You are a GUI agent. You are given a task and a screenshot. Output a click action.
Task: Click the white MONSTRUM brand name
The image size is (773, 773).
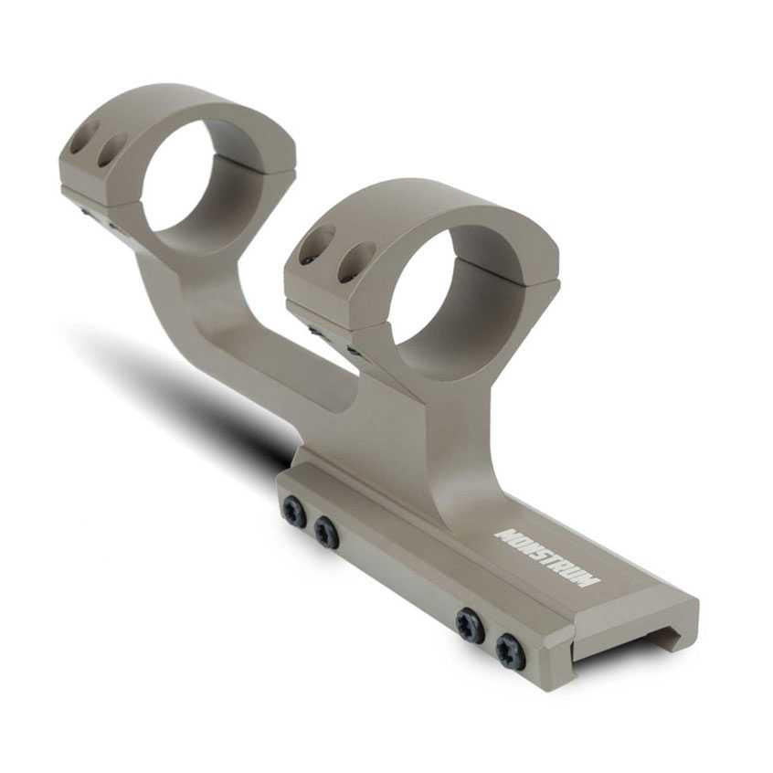(x=546, y=556)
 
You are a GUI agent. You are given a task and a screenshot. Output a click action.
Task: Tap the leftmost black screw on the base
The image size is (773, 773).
(x=294, y=513)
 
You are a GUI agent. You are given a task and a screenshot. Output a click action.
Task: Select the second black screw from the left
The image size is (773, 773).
(x=326, y=532)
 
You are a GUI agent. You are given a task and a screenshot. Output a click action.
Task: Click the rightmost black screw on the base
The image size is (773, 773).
(x=510, y=651)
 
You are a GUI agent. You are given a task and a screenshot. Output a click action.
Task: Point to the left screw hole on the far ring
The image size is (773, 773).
(x=87, y=136)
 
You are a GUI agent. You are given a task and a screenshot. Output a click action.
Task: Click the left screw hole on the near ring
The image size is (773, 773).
(x=316, y=246)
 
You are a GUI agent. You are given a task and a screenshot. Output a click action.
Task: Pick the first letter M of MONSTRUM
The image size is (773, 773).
(x=503, y=535)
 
